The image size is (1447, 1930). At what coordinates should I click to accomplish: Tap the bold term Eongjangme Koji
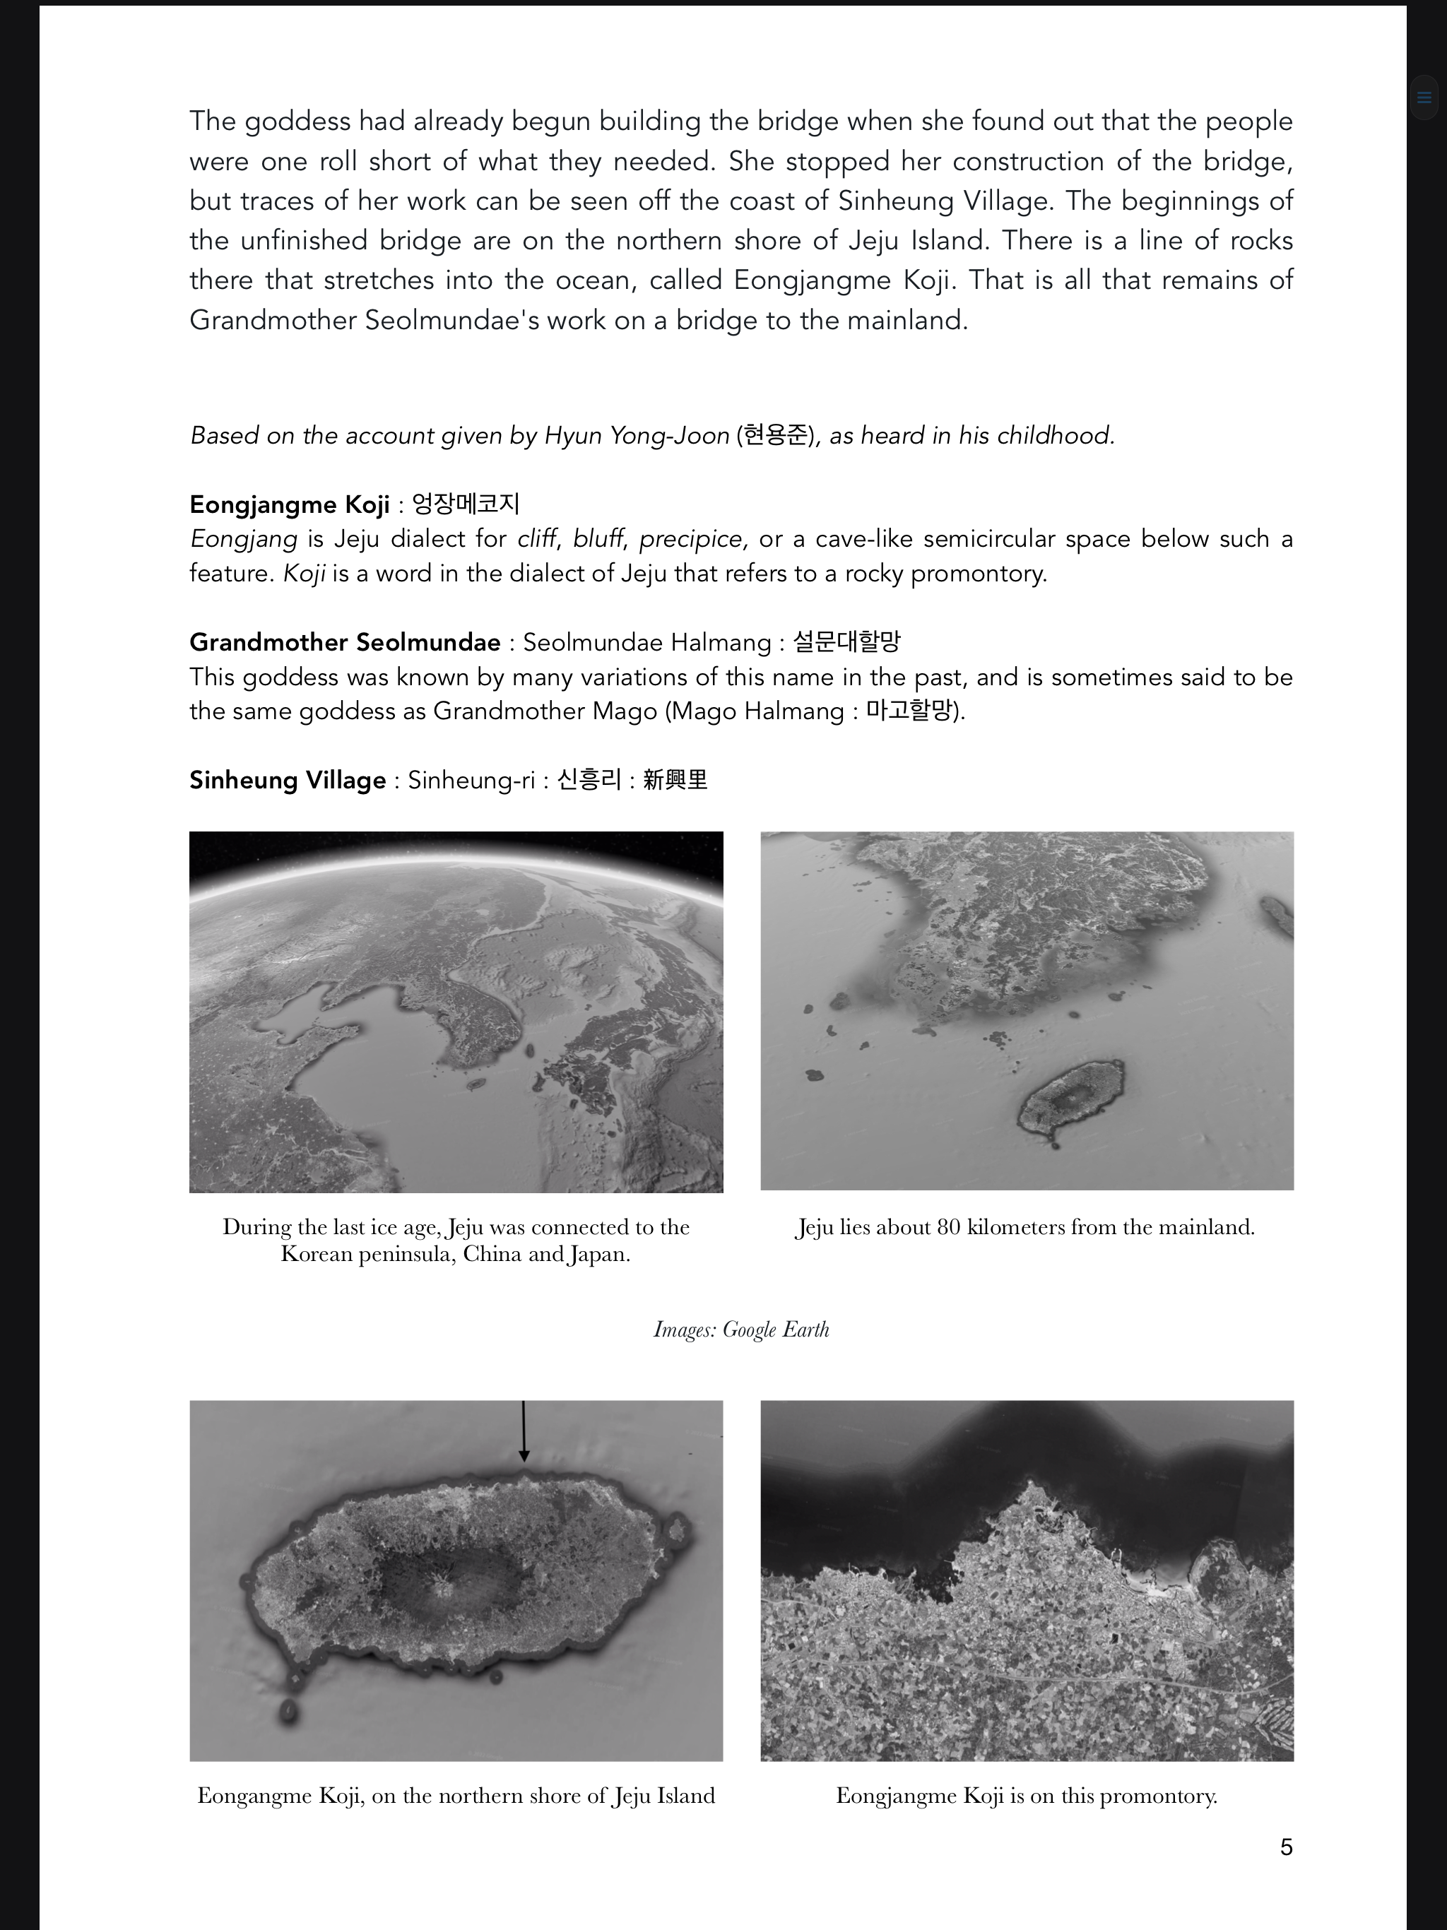point(289,505)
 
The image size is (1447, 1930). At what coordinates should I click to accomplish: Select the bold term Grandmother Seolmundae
point(345,643)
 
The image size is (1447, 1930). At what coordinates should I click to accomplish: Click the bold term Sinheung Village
point(287,780)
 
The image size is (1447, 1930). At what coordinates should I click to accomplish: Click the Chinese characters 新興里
point(675,779)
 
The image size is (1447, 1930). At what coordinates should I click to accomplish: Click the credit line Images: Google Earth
point(741,1329)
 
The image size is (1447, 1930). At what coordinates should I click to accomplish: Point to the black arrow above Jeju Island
point(524,1431)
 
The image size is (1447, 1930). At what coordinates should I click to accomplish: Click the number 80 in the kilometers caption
point(947,1227)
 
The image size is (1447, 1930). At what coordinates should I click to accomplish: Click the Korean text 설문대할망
point(846,642)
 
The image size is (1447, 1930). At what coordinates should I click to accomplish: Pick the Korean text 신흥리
point(589,779)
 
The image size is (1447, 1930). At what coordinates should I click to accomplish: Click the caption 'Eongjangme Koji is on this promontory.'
point(1027,1796)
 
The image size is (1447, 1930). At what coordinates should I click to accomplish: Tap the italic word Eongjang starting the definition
point(244,539)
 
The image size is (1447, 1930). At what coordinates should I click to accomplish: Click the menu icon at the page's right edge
point(1424,97)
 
